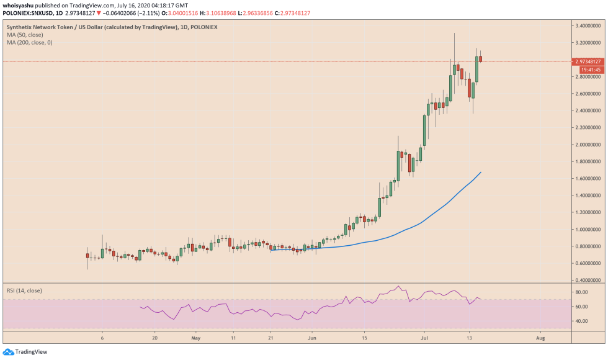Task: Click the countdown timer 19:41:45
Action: point(590,70)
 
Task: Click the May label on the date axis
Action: point(197,338)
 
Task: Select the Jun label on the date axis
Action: point(312,338)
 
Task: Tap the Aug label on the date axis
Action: point(540,338)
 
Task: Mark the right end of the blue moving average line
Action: point(481,173)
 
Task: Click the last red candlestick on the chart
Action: point(480,59)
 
